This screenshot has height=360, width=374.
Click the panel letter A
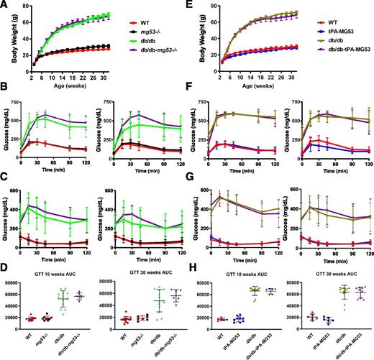click(x=5, y=5)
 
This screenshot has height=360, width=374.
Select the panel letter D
click(x=5, y=267)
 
